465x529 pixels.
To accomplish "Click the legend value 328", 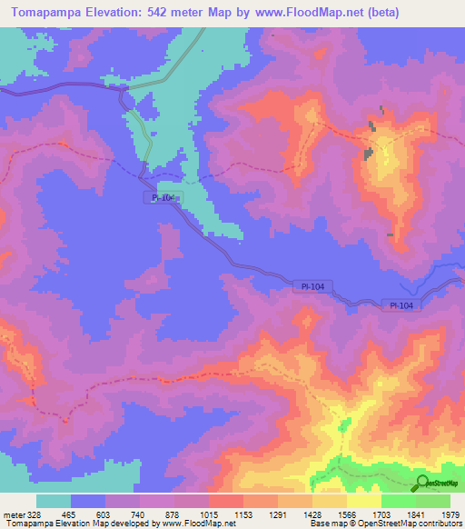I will (x=35, y=514).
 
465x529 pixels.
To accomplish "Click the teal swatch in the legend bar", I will (x=54, y=501).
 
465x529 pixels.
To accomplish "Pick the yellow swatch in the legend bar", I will (x=364, y=501).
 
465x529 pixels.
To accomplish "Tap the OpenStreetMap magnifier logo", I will (x=421, y=483).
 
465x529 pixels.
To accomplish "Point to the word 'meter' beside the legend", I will (x=12, y=514).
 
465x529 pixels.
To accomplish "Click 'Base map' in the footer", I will (x=327, y=524).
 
